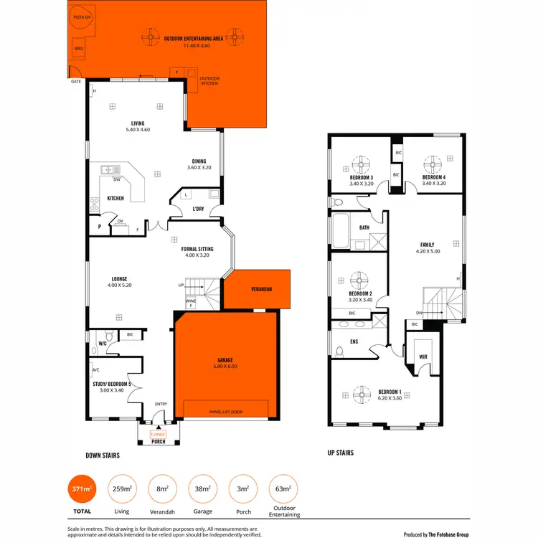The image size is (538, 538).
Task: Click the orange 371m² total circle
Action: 80,489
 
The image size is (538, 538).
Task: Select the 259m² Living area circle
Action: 121,489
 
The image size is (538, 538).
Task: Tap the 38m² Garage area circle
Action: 202,489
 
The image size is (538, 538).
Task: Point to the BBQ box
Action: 79,49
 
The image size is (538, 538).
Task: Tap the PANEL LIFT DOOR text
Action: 226,412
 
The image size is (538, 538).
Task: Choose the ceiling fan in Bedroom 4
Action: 433,162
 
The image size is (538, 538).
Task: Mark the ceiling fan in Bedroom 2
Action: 360,278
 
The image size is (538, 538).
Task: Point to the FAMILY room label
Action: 427,245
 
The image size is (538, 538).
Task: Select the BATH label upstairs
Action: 364,227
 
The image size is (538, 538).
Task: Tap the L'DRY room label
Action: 199,209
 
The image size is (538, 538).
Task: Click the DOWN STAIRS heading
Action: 103,455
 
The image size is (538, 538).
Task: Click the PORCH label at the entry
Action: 159,441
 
